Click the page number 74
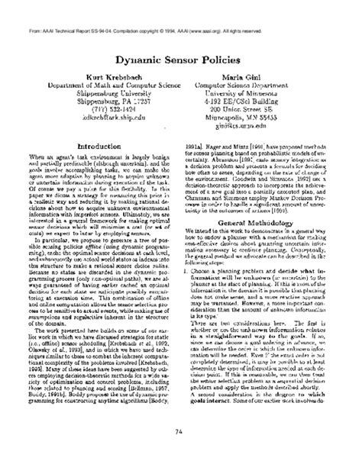pos(182,433)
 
